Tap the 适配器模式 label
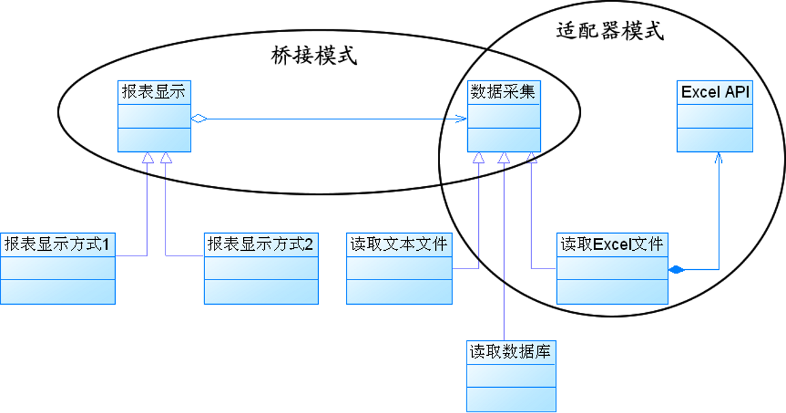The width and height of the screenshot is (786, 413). pos(610,30)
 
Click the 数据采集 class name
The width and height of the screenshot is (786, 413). pos(503,92)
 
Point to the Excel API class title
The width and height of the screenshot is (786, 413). pos(714,92)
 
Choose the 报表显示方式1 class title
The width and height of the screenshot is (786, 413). pos(57,243)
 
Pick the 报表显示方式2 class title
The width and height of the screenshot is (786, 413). pos(261,243)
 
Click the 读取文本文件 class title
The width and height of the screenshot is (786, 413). pos(399,243)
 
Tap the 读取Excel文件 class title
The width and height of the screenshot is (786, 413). pos(612,243)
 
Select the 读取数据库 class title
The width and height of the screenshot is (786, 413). pos(511,352)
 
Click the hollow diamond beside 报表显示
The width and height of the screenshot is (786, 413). pos(199,119)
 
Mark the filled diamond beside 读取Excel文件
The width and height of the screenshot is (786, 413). pos(676,270)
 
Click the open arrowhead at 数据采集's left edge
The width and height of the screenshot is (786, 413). pos(462,119)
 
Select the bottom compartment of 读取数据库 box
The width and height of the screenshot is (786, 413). pos(511,399)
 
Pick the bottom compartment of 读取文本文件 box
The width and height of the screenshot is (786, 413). pos(399,292)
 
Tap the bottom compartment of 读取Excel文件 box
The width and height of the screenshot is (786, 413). pos(612,292)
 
